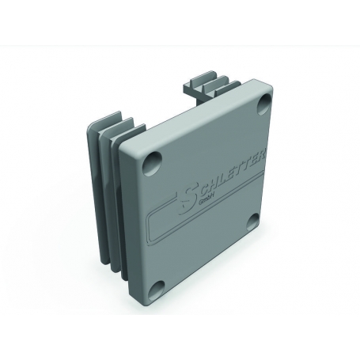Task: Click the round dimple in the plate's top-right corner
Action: click(x=264, y=104)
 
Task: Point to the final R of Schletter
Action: click(x=262, y=156)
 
